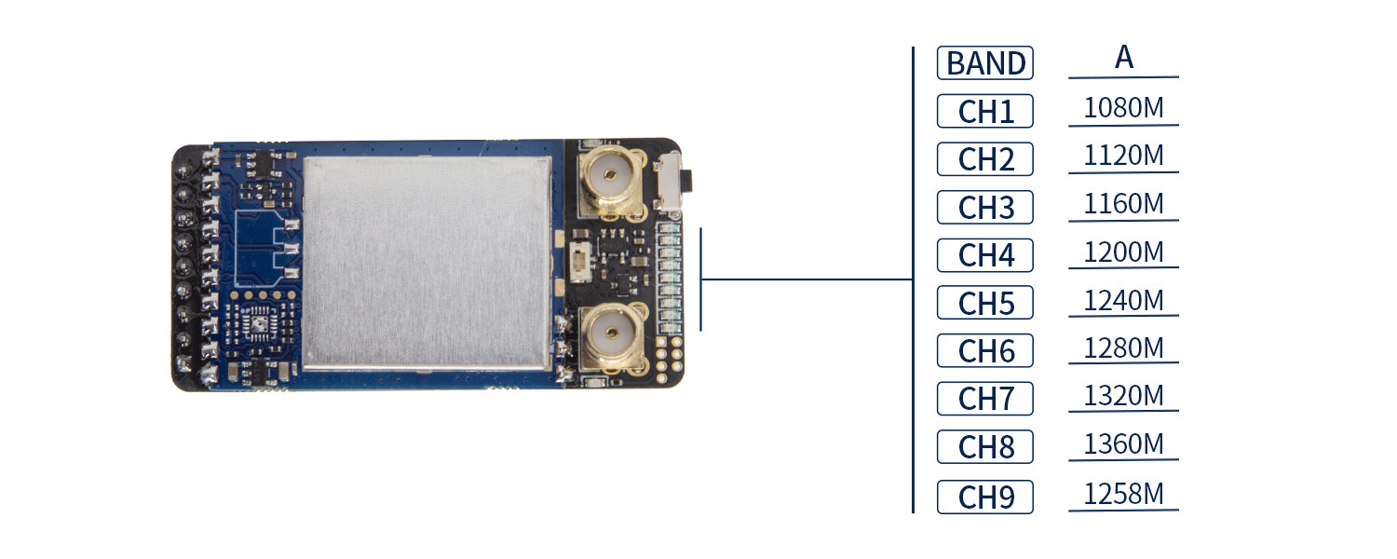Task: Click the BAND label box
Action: point(984,63)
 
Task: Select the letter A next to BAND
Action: point(1124,58)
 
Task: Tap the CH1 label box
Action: point(984,112)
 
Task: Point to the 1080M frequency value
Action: point(1123,109)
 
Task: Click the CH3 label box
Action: point(984,208)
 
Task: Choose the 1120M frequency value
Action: point(1123,157)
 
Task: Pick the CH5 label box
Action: point(984,304)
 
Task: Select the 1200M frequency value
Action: point(1123,252)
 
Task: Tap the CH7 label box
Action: point(984,400)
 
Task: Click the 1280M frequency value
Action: point(1123,348)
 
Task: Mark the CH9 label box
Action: point(984,497)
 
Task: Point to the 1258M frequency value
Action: point(1123,494)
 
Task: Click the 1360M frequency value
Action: point(1123,444)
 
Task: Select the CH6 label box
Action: point(984,351)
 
